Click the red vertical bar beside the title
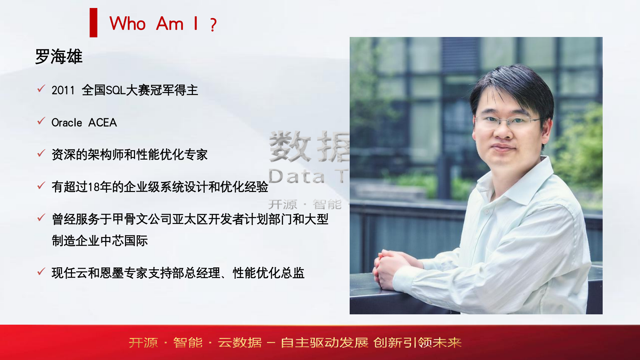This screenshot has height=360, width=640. point(93,23)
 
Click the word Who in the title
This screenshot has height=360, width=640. point(127,24)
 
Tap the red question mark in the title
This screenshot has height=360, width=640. point(214,25)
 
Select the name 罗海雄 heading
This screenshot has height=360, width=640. point(59,56)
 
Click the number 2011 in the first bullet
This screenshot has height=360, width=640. point(63,90)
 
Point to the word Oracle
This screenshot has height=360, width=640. point(67,123)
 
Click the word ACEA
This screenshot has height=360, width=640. point(103,123)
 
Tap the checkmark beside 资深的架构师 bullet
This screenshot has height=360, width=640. point(41,153)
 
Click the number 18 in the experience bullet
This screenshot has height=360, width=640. point(94,187)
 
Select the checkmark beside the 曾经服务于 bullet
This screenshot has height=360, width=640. point(41,218)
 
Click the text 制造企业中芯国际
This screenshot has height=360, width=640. point(100,241)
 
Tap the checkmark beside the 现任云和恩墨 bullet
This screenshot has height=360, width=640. point(41,272)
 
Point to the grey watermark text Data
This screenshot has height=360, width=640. point(297,176)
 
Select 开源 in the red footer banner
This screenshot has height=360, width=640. point(143,343)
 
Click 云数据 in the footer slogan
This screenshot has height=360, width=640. point(240,343)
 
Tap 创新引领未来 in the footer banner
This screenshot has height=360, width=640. point(418,343)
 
